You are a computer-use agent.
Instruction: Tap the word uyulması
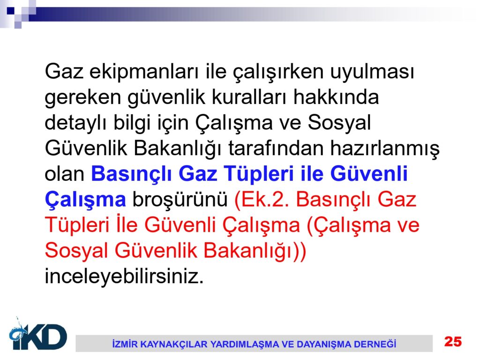pyautogui.click(x=372, y=72)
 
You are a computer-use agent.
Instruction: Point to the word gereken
pyautogui.click(x=83, y=98)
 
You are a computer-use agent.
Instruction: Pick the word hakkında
pyautogui.click(x=336, y=97)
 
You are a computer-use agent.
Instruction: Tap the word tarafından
pyautogui.click(x=276, y=149)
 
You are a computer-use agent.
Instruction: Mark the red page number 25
pyautogui.click(x=453, y=341)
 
